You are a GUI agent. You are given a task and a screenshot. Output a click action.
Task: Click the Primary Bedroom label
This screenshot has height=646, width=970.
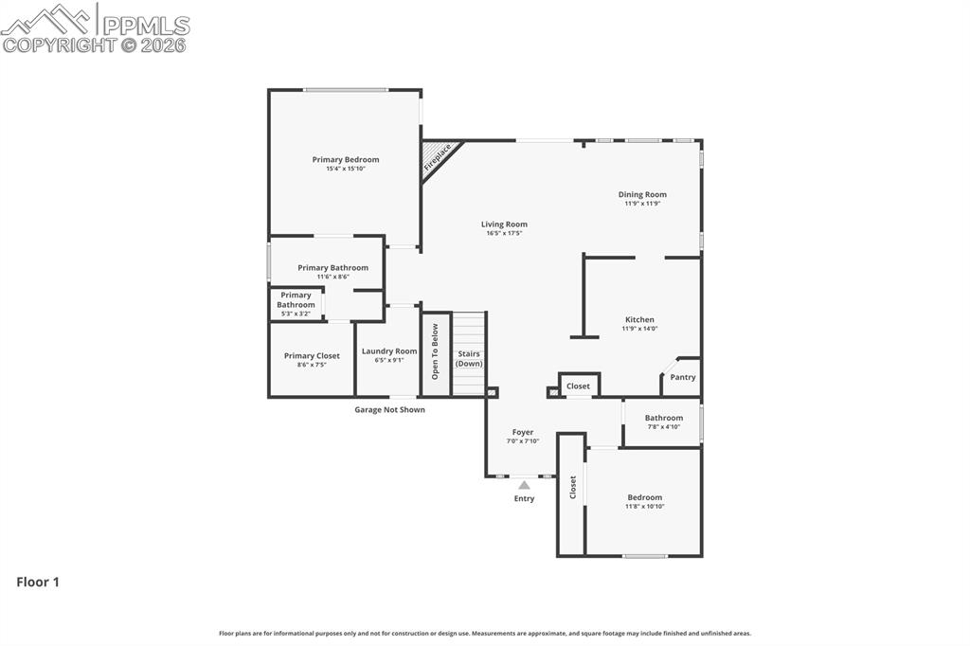346,159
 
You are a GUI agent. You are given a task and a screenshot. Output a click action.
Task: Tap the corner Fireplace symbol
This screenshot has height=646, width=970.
438,157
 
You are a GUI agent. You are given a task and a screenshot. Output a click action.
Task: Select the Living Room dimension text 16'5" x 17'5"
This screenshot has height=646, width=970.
504,233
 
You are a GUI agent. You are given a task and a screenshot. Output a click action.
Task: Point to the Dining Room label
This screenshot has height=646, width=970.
642,194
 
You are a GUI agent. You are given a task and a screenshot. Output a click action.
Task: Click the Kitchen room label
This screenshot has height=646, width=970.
639,319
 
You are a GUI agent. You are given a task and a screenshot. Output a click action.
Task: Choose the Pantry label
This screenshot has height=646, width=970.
682,377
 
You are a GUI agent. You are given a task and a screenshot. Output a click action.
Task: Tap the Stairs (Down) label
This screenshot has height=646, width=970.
468,358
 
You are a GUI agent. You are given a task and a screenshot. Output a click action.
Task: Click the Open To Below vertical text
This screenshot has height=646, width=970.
435,351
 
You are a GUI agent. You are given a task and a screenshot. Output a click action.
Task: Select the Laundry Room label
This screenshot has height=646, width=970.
389,350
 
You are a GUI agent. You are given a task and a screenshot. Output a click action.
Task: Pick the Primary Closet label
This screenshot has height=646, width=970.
312,356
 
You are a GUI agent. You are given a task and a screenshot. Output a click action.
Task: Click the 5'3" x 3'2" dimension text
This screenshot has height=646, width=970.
296,314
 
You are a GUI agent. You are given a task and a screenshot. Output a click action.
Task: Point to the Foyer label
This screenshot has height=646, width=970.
522,432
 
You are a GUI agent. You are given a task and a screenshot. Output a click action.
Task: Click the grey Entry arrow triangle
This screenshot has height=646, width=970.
524,485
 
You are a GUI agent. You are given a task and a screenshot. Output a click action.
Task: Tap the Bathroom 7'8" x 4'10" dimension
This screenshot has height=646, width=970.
663,427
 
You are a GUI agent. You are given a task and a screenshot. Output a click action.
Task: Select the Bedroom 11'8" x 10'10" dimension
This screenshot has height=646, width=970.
644,507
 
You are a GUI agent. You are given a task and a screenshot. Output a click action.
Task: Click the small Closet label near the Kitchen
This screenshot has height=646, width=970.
578,386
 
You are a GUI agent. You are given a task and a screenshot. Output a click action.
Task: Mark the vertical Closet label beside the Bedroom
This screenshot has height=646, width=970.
573,488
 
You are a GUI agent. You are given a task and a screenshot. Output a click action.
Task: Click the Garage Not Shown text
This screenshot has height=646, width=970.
389,410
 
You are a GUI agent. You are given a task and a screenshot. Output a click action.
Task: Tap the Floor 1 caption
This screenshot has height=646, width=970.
38,583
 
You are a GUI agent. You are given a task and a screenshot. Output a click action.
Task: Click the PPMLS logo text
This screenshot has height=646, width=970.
144,24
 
